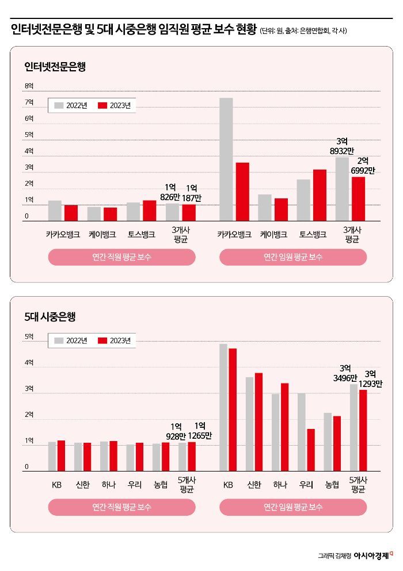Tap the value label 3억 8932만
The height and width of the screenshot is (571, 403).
[342, 145]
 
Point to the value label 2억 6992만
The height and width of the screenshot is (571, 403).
[363, 166]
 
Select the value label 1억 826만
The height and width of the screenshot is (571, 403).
[170, 192]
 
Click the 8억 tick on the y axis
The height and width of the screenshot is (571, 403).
[29, 86]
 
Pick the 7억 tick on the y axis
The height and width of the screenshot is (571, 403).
[29, 102]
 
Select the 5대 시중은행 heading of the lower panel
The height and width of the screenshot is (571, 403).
[50, 316]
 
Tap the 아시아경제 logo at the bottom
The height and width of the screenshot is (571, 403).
[366, 555]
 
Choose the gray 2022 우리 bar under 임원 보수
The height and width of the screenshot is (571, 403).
[302, 432]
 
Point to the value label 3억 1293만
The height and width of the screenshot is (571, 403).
[370, 378]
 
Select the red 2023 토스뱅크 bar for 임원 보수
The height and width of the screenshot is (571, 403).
[320, 195]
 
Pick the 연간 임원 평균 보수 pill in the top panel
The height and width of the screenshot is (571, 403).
[293, 257]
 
